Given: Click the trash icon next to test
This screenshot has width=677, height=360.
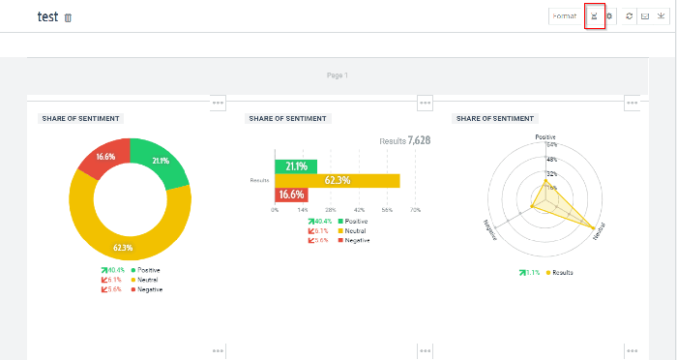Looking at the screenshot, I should point(68,17).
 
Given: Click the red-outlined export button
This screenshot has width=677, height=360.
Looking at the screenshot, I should point(595,16).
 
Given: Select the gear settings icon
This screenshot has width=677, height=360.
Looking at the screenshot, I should point(609,16).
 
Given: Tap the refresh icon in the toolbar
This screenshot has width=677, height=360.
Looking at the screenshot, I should point(630,16).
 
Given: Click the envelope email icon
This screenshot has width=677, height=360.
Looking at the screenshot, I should point(645,16).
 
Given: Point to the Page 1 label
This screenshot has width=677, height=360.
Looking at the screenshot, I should point(337,75).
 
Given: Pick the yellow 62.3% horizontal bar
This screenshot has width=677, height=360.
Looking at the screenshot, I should point(337,180).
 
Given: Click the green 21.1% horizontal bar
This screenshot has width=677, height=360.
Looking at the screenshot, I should point(296,165).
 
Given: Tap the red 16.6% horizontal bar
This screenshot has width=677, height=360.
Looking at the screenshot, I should point(291,195).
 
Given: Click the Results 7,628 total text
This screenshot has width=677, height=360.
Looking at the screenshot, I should point(404,140).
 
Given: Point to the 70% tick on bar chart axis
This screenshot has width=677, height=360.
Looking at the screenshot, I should point(415,209).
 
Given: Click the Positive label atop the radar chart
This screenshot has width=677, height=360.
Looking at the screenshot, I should point(546,137).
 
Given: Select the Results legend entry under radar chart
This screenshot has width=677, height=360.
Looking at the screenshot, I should point(560,273).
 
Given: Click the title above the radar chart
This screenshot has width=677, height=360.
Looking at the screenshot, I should point(494,118).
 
